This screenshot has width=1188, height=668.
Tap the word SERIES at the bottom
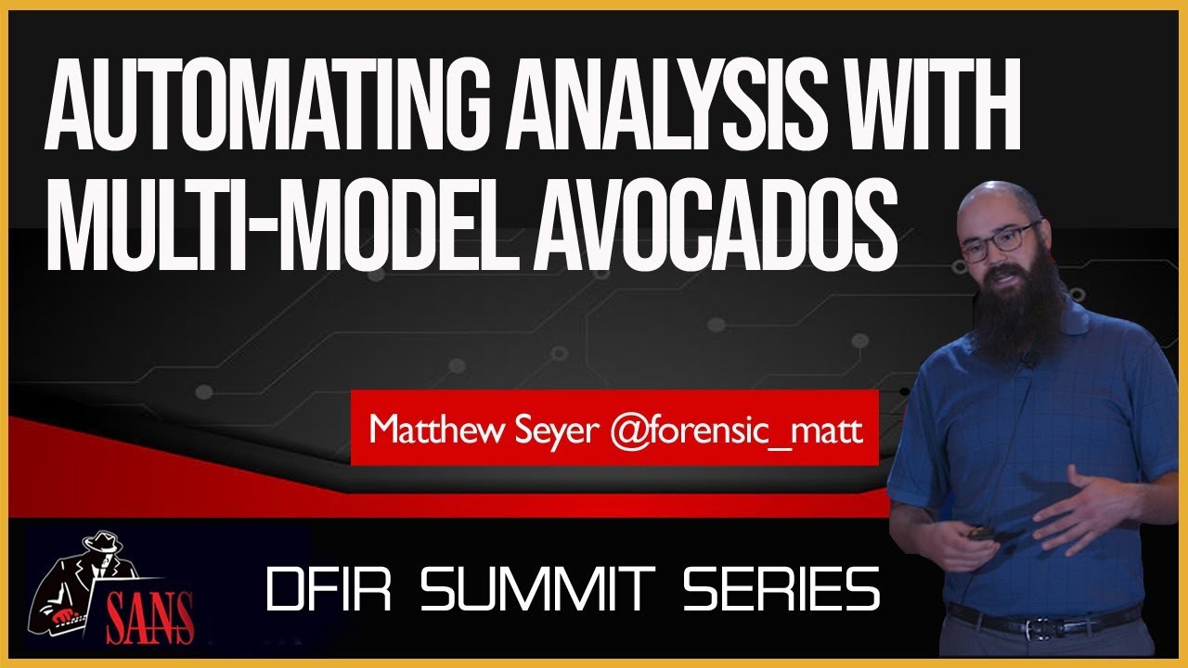[x=770, y=589]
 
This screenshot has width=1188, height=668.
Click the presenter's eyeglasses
[x=998, y=239]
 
